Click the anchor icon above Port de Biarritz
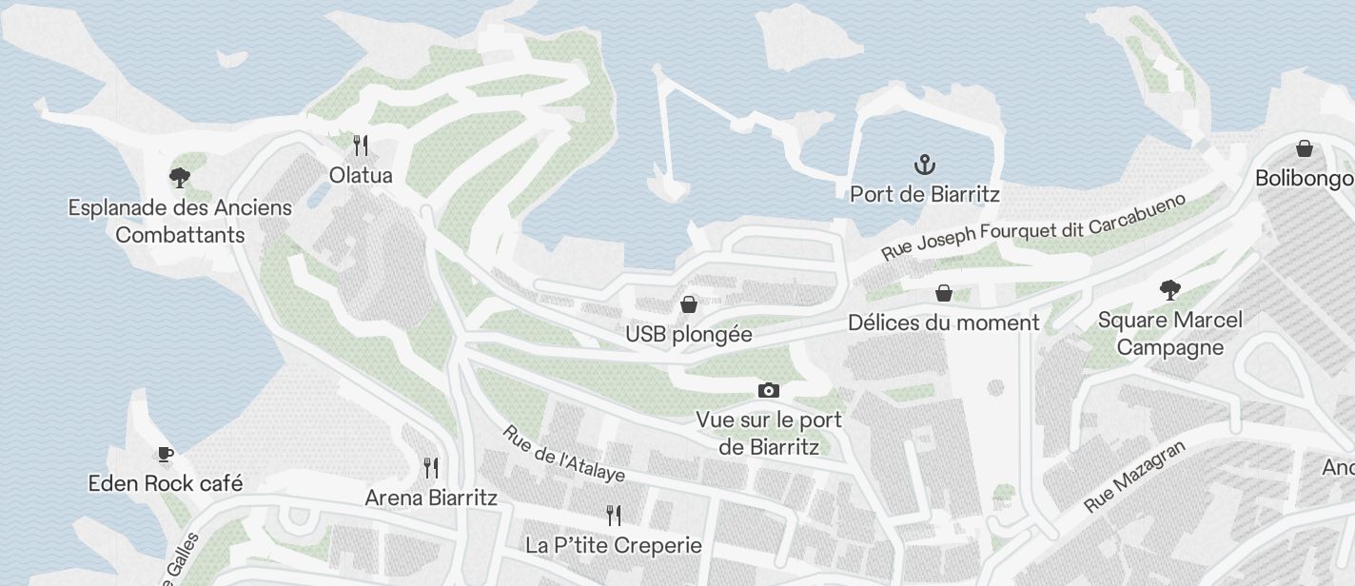pyautogui.click(x=924, y=165)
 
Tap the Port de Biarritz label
pyautogui.click(x=925, y=194)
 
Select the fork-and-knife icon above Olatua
pyautogui.click(x=361, y=146)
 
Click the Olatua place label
pyautogui.click(x=361, y=175)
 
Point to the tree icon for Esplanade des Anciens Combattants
pyautogui.click(x=179, y=177)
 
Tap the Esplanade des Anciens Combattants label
pyautogui.click(x=180, y=221)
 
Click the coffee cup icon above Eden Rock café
pyautogui.click(x=166, y=454)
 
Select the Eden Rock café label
pyautogui.click(x=166, y=483)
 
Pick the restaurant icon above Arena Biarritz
pyautogui.click(x=431, y=467)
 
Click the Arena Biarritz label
pyautogui.click(x=431, y=498)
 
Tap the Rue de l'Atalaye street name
pyautogui.click(x=563, y=453)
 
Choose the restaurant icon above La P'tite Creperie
pyautogui.click(x=614, y=516)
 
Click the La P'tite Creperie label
pyautogui.click(x=614, y=545)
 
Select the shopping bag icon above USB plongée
pyautogui.click(x=689, y=304)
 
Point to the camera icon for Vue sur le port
pyautogui.click(x=769, y=390)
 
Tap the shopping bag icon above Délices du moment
pyautogui.click(x=944, y=293)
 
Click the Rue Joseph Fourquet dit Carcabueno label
pyautogui.click(x=1033, y=227)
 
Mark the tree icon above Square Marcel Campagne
pyautogui.click(x=1169, y=290)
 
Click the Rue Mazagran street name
pyautogui.click(x=1135, y=478)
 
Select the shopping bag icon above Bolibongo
pyautogui.click(x=1305, y=148)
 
